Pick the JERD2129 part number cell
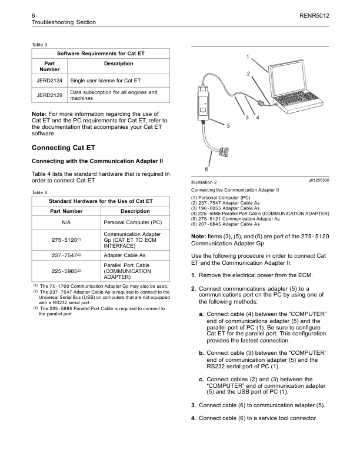(x=49, y=95)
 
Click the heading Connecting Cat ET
(x=63, y=148)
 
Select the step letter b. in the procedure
(x=203, y=352)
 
